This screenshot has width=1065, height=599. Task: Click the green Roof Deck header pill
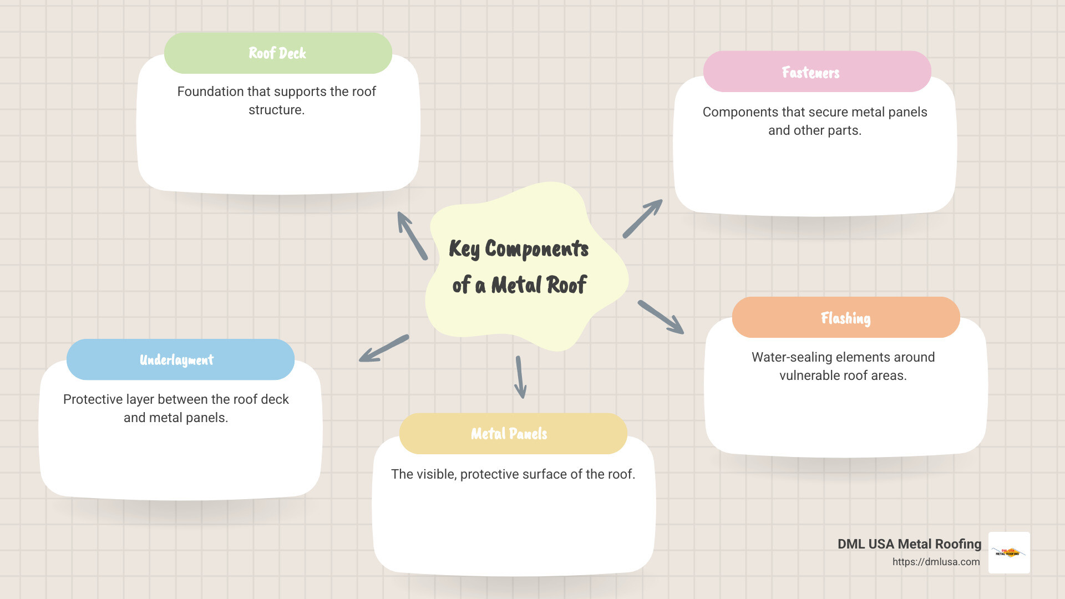(278, 53)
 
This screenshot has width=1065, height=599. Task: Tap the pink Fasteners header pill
(816, 72)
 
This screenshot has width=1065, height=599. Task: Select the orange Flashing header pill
(845, 318)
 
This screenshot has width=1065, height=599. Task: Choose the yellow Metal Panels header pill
(513, 434)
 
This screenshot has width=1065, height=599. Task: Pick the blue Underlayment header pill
(180, 360)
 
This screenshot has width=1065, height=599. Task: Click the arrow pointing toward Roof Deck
(412, 235)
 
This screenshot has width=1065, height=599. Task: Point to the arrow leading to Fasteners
(642, 219)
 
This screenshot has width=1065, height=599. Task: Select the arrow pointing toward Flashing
(661, 317)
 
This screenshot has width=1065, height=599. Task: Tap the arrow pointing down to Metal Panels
(520, 377)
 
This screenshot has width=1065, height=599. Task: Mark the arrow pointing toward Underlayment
(384, 349)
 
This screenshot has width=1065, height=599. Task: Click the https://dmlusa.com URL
(936, 562)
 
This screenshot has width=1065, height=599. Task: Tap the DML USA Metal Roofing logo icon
(1009, 552)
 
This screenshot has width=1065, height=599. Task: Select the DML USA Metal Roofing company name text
(909, 544)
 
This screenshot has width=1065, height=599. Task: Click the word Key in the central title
(464, 249)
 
